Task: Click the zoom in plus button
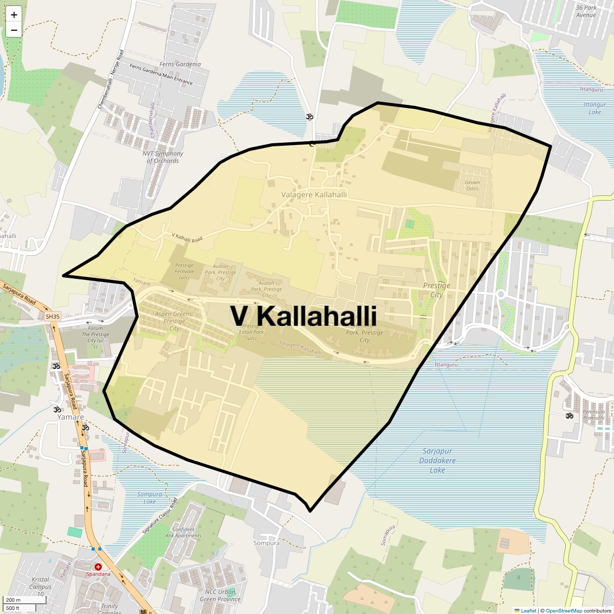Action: (x=14, y=15)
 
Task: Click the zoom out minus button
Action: (x=14, y=30)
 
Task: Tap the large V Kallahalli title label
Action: (x=303, y=316)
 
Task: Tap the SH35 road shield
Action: (x=52, y=317)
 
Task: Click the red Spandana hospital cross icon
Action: (x=98, y=567)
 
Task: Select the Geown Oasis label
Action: (x=472, y=185)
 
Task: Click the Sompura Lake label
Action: (x=149, y=498)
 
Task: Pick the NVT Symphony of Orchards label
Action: (x=163, y=157)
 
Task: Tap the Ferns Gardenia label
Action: (x=181, y=64)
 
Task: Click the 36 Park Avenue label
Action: (x=586, y=11)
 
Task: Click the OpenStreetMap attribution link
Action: (x=563, y=610)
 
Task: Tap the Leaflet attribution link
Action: (x=529, y=610)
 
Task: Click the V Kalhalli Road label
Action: (x=187, y=237)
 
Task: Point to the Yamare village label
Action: (x=70, y=417)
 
